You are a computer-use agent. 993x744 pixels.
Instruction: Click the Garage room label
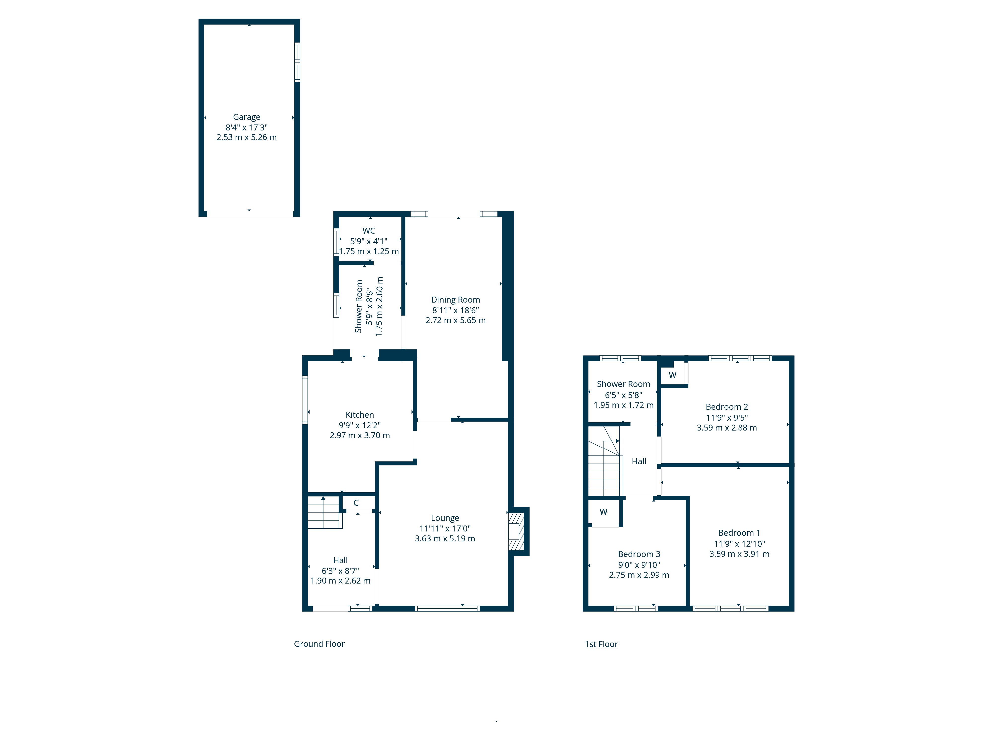247,117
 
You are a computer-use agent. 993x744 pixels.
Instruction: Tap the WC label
369,230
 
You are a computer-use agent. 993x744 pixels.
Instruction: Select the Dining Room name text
456,300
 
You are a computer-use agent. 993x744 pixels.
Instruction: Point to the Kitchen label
359,415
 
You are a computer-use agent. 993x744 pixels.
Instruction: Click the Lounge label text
445,518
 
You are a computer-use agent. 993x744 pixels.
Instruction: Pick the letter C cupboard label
356,503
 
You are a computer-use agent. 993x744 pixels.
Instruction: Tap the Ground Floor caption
319,644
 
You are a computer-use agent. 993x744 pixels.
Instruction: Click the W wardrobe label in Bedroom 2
673,375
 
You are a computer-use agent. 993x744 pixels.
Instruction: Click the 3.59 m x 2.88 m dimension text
727,428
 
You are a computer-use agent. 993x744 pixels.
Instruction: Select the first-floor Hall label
639,462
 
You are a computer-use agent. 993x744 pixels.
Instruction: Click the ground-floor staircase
324,513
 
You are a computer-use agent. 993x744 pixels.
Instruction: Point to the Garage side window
297,62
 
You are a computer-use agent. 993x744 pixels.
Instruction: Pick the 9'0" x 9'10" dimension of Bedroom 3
639,565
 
